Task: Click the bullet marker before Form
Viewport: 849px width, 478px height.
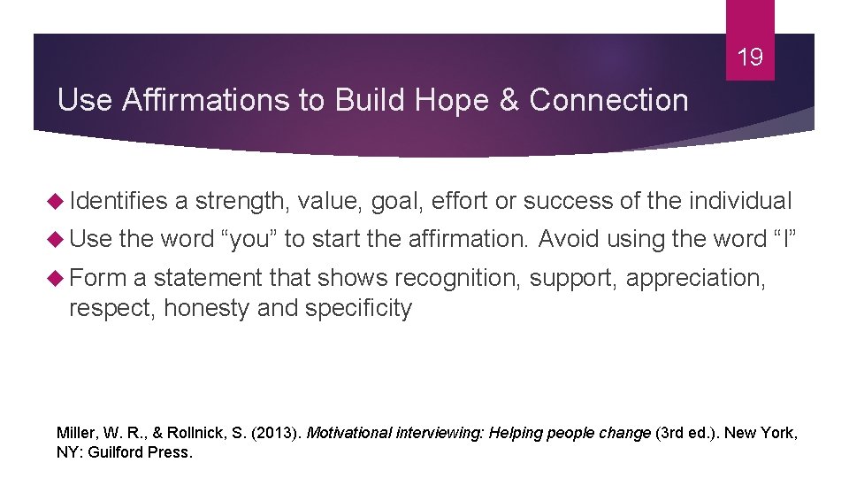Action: coord(60,278)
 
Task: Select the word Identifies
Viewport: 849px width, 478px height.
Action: coord(119,201)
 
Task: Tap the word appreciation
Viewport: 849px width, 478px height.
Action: coord(694,278)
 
